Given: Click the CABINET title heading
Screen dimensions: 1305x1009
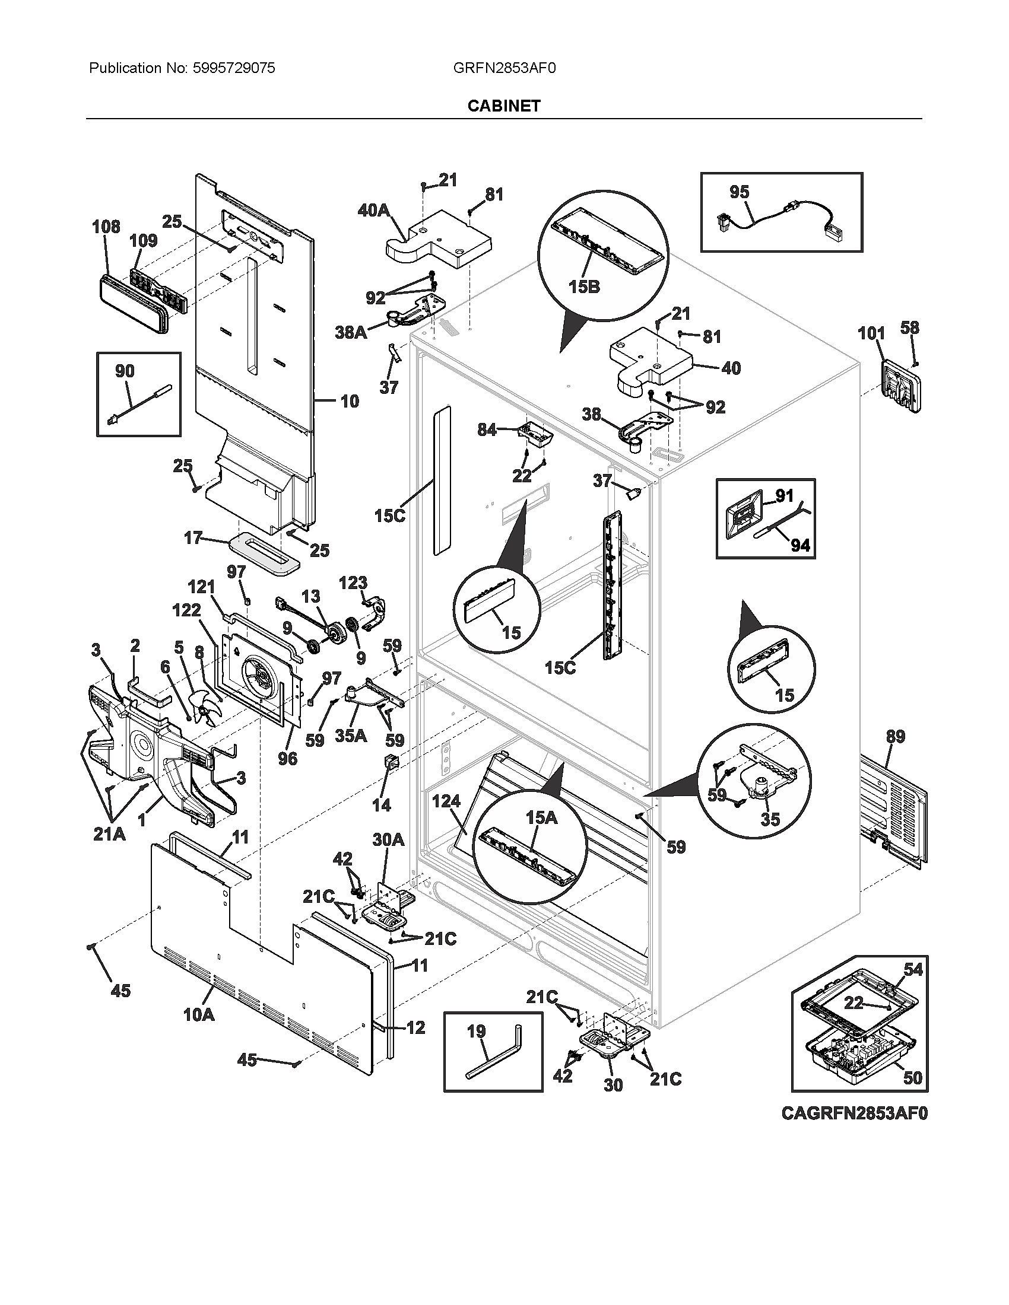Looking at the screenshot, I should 503,106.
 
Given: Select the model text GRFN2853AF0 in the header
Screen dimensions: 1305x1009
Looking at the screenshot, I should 504,68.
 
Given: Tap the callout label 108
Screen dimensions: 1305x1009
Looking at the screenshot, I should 106,227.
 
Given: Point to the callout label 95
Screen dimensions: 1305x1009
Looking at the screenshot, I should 739,192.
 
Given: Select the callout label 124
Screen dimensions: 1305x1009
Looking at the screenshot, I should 446,802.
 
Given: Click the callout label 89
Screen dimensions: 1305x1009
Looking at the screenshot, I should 895,737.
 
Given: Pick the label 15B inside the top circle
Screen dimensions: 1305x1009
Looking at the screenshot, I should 583,287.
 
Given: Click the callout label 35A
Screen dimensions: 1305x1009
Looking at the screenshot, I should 351,736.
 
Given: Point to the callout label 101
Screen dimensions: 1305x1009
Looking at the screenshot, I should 871,333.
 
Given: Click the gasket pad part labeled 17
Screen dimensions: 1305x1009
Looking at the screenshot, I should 264,554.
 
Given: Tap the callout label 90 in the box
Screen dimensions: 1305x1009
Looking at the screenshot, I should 124,371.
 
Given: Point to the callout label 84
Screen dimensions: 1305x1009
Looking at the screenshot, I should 487,429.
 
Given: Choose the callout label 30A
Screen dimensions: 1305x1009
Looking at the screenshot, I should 388,840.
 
